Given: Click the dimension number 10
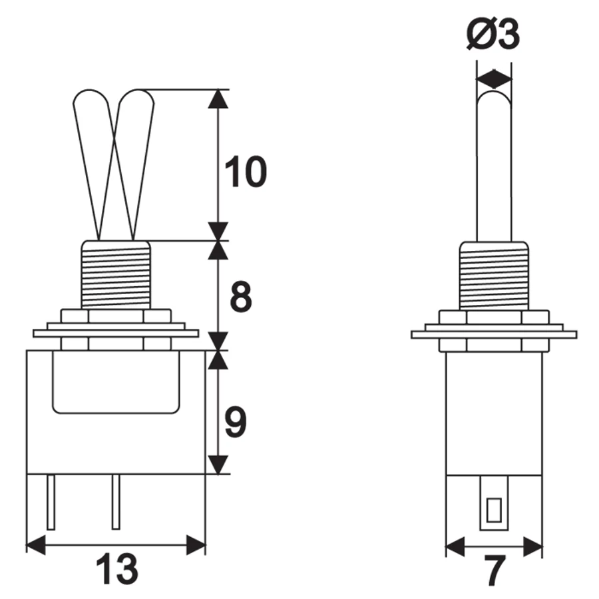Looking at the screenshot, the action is click(246, 172).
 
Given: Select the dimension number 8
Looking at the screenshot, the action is click(241, 296).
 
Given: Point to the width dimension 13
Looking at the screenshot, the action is click(116, 570).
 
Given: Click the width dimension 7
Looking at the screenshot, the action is click(495, 571).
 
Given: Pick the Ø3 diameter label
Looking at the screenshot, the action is click(493, 35).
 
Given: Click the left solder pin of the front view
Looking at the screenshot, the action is click(51, 502).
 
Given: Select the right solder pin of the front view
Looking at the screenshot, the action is click(116, 502).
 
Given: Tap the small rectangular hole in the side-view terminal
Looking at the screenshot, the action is click(494, 510).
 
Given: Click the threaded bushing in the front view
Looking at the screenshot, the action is click(116, 275).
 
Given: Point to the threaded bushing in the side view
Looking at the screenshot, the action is click(494, 275).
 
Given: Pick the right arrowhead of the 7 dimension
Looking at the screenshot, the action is click(532, 546).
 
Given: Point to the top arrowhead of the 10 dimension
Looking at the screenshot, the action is click(218, 99).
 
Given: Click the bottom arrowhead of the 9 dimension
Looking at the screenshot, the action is click(218, 465).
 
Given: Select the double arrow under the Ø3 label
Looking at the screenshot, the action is click(494, 79).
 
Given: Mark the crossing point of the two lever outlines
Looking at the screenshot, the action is click(114, 142).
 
